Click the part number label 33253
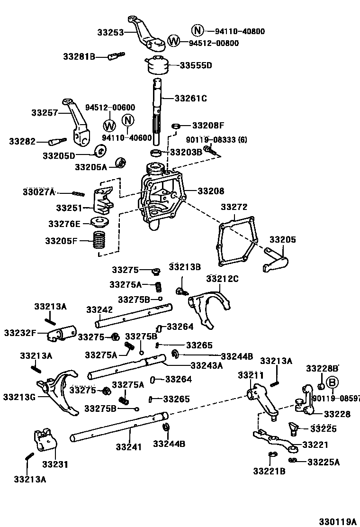(x=110, y=33)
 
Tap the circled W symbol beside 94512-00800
(x=174, y=41)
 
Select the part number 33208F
(x=208, y=126)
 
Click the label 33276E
(x=65, y=223)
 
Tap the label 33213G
(x=19, y=396)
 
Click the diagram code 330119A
(x=337, y=521)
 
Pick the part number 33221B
(x=269, y=471)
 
